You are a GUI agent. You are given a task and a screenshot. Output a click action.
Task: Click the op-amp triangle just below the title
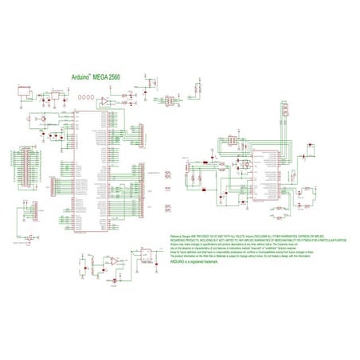104,102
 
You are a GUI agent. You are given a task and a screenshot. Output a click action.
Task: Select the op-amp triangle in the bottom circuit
114,260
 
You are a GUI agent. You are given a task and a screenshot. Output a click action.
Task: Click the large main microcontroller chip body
89,171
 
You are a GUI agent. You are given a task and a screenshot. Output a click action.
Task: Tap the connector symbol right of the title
149,82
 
